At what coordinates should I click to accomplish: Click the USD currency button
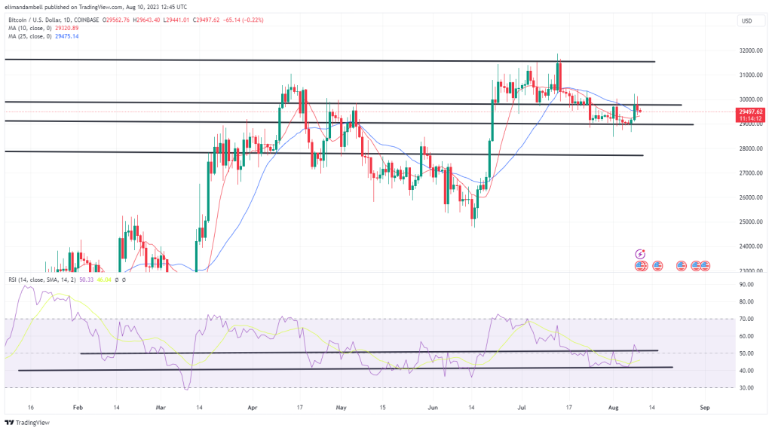(746, 20)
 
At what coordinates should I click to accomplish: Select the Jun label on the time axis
(433, 406)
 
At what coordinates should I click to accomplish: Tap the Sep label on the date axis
(704, 406)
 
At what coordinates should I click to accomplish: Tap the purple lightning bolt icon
(640, 255)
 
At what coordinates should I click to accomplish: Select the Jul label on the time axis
(520, 406)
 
